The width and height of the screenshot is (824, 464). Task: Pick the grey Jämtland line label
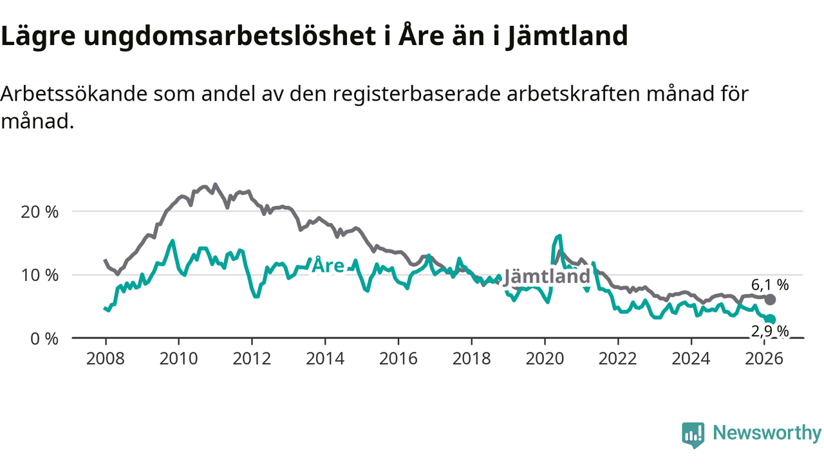coord(547,277)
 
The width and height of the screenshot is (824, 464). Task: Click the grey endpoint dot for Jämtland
coord(771,300)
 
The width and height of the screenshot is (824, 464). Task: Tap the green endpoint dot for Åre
coord(771,319)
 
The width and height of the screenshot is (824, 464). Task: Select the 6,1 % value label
coord(770,284)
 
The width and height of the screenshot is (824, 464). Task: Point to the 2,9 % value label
coord(770,331)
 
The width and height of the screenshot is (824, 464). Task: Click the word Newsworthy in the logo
coord(767,433)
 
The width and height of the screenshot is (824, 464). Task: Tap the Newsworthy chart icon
coord(693,434)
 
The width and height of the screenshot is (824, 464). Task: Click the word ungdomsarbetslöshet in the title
coord(227,37)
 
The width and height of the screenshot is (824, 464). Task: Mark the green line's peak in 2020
coord(559,236)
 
